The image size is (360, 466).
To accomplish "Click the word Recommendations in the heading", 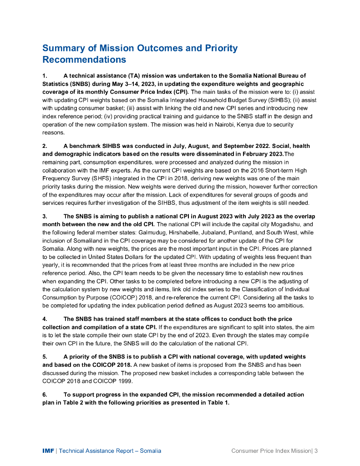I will (84, 60).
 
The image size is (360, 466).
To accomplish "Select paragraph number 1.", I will (44, 76).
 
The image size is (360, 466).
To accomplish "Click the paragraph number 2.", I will (44, 146).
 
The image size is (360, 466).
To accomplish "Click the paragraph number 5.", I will (44, 356).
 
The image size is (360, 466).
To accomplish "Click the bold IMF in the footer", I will (48, 451).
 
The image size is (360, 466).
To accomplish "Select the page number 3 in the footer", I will (315, 451).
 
